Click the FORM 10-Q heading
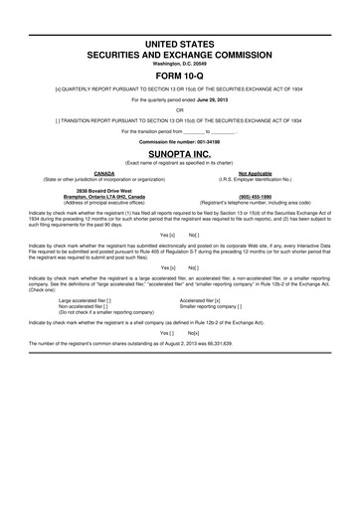pyautogui.click(x=180, y=76)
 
